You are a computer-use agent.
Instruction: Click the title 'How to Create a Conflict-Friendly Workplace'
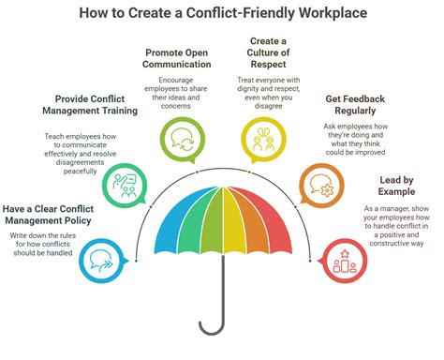point(222,13)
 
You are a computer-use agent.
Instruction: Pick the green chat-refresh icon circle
point(179,138)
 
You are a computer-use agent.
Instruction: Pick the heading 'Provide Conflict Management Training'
point(98,106)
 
